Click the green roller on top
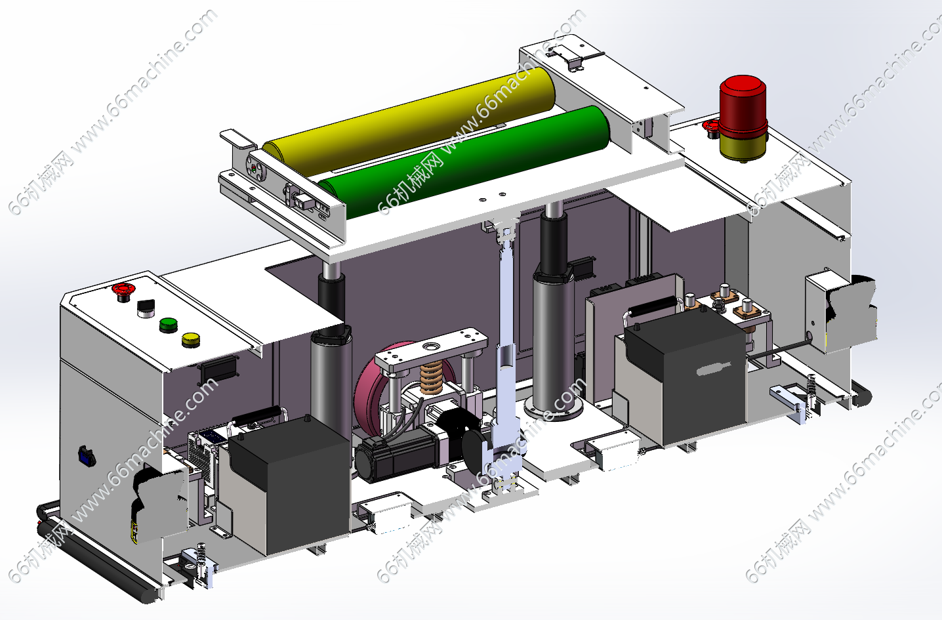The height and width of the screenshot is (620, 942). [462, 162]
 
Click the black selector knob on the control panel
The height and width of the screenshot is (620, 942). [146, 308]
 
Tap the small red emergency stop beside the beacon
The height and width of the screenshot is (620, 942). [710, 127]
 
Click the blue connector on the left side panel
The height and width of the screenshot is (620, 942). [86, 457]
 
